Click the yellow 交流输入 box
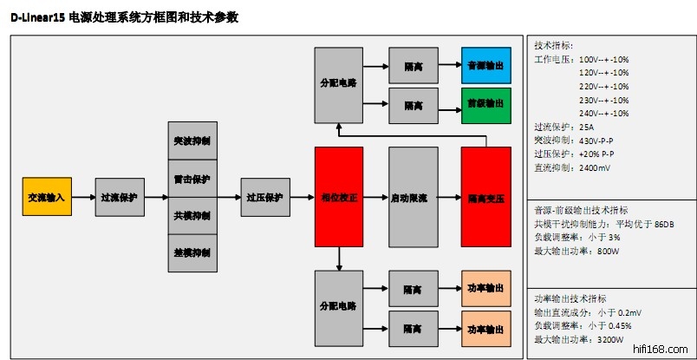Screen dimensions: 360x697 46,197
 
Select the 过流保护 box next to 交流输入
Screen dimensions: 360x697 120,197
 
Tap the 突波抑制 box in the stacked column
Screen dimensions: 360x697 192,141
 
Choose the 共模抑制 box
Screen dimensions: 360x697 192,215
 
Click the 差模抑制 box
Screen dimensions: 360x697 192,252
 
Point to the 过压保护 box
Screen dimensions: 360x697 264,197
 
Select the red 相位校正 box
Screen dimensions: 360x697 338,198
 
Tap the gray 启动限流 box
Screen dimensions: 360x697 413,198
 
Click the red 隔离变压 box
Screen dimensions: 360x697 485,198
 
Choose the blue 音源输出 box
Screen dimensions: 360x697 485,66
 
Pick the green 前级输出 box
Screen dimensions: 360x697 485,104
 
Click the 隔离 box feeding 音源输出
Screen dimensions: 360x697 413,66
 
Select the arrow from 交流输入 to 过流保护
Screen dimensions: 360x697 83,197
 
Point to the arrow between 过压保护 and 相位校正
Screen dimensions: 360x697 301,197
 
